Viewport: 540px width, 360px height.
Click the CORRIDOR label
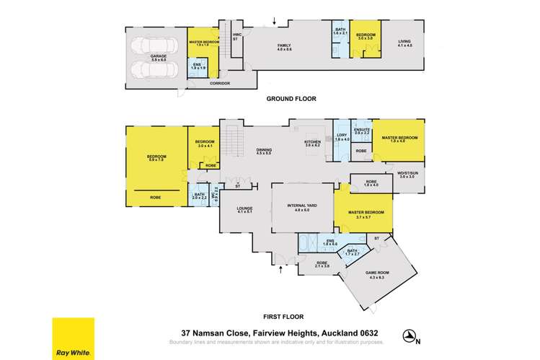pos(219,84)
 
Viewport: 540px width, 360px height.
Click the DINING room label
pos(264,149)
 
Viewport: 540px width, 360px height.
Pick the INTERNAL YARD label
pos(302,206)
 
